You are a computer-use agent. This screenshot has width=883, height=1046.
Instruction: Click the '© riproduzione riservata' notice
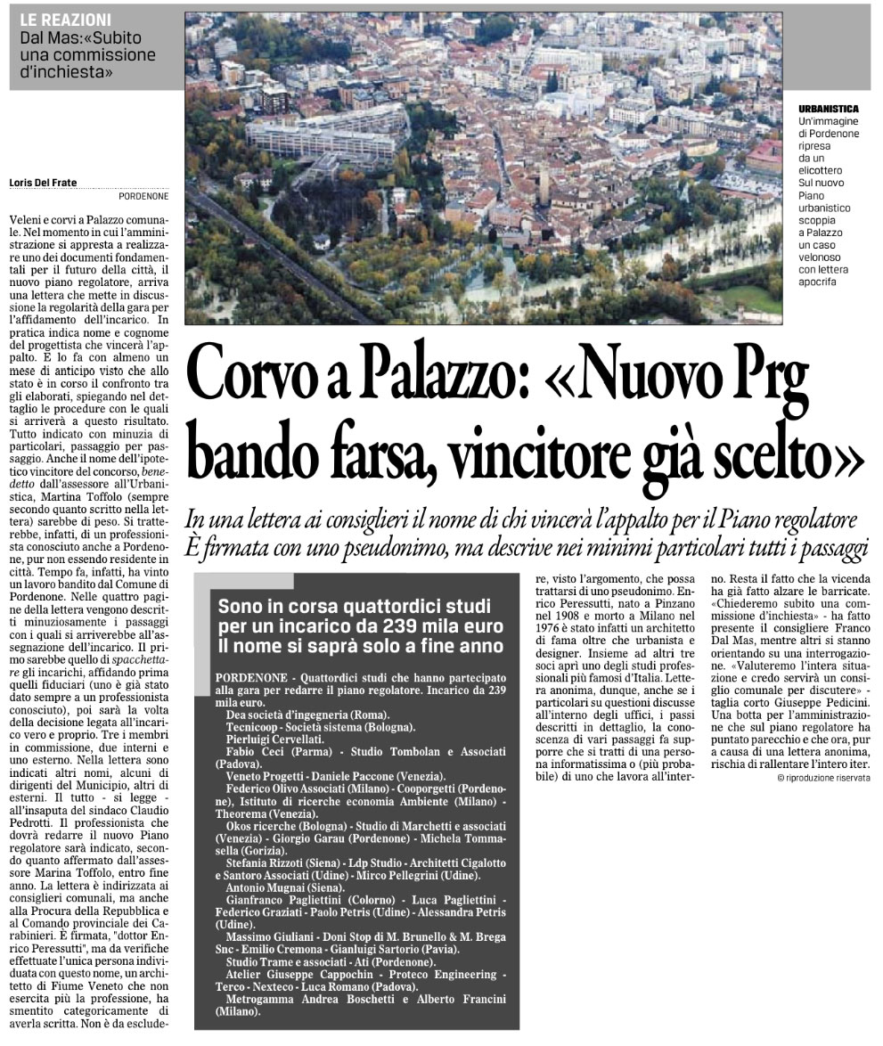tap(822, 778)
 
